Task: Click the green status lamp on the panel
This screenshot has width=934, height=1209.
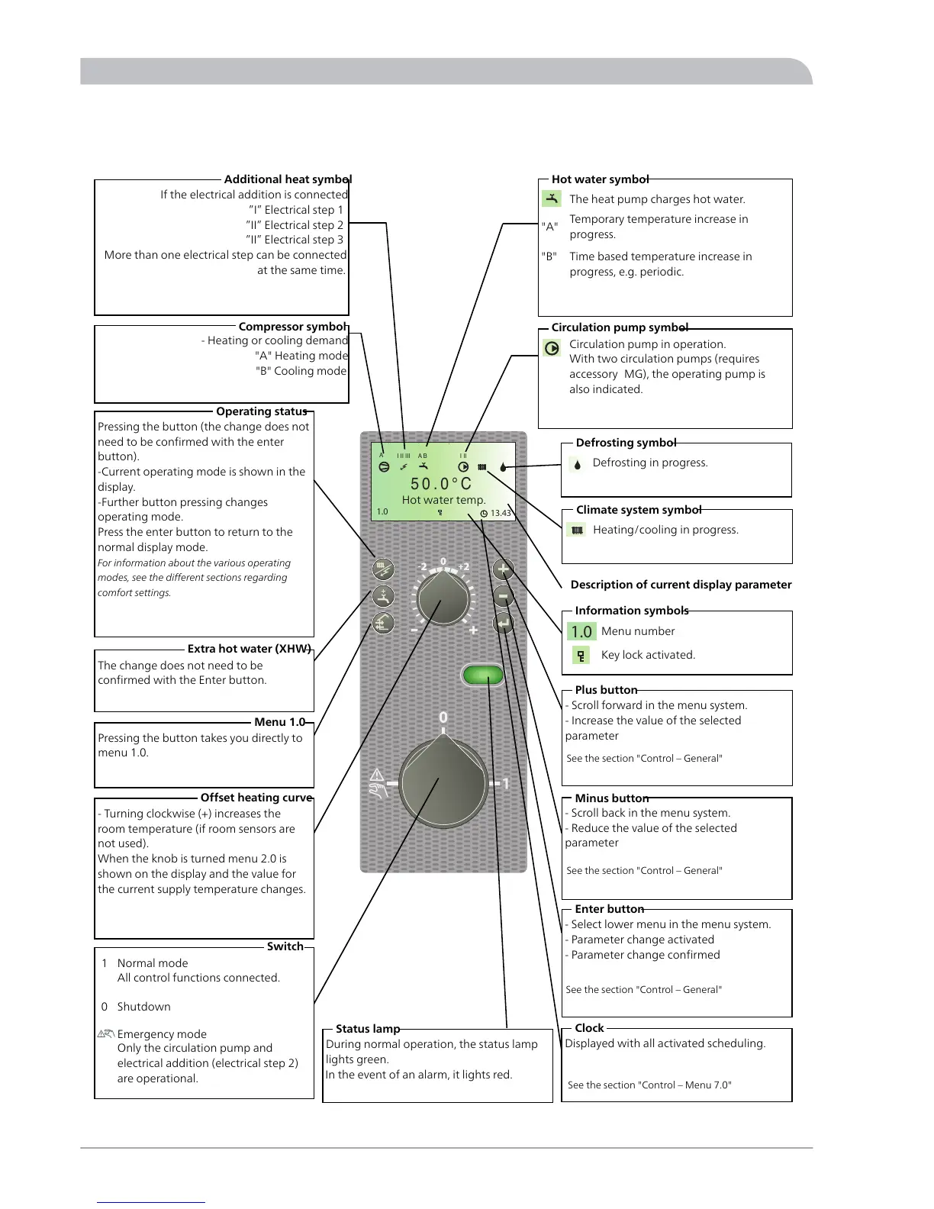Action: pyautogui.click(x=483, y=675)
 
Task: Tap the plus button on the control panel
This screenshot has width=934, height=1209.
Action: pyautogui.click(x=503, y=569)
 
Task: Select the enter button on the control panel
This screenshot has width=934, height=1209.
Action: pyautogui.click(x=503, y=624)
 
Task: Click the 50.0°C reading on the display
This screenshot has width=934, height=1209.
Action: pyautogui.click(x=441, y=484)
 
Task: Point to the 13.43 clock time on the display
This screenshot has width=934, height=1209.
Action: pyautogui.click(x=501, y=513)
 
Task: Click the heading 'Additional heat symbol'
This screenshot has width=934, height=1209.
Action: pyautogui.click(x=288, y=179)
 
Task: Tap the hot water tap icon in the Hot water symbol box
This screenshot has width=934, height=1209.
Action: pyautogui.click(x=552, y=198)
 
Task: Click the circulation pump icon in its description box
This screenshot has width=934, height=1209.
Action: pyautogui.click(x=552, y=348)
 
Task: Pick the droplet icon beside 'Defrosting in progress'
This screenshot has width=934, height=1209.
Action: pyautogui.click(x=578, y=463)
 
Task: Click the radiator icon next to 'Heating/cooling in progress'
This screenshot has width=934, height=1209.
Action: pyautogui.click(x=578, y=530)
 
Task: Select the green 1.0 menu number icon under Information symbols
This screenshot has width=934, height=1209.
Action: pyautogui.click(x=581, y=631)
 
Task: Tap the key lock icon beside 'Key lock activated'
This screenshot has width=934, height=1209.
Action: pyautogui.click(x=581, y=655)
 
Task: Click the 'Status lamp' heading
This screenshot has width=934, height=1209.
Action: pyautogui.click(x=368, y=1029)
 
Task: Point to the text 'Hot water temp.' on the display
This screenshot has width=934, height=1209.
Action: pyautogui.click(x=443, y=500)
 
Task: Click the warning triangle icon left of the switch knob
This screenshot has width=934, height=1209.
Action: pyautogui.click(x=376, y=775)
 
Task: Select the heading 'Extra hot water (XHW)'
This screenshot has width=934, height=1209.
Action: pyautogui.click(x=250, y=649)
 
